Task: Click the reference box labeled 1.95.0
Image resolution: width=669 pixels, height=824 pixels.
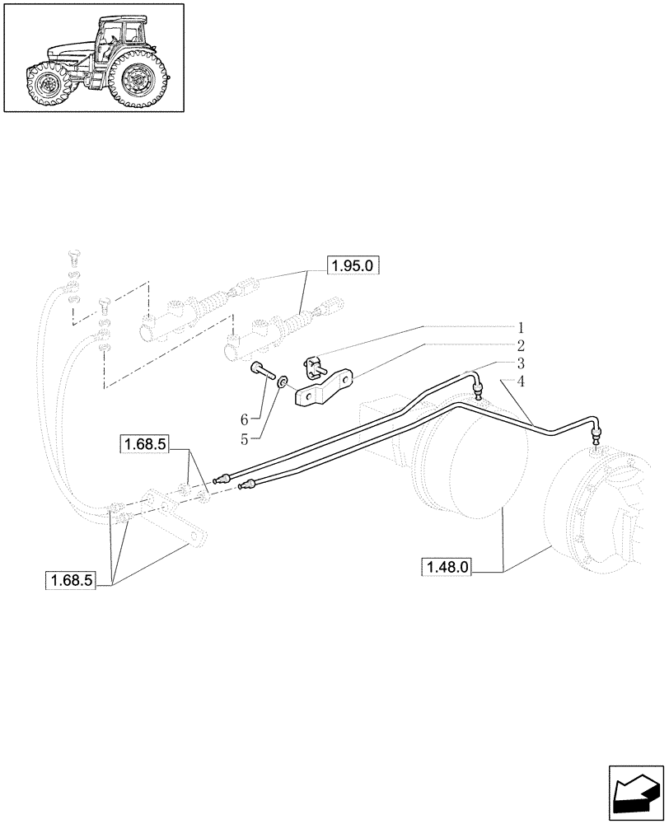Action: pyautogui.click(x=357, y=265)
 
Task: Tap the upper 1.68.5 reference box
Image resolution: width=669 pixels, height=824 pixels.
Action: pyautogui.click(x=144, y=446)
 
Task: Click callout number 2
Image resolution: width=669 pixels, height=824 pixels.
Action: pyautogui.click(x=521, y=344)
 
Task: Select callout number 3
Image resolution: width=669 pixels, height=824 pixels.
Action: pyautogui.click(x=521, y=363)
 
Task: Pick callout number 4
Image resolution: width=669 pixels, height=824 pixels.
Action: pyautogui.click(x=521, y=381)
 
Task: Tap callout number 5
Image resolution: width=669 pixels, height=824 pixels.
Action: pyautogui.click(x=244, y=438)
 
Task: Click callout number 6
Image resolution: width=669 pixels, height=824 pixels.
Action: pyautogui.click(x=244, y=420)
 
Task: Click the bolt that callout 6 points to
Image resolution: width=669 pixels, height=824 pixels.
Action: pyautogui.click(x=264, y=372)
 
